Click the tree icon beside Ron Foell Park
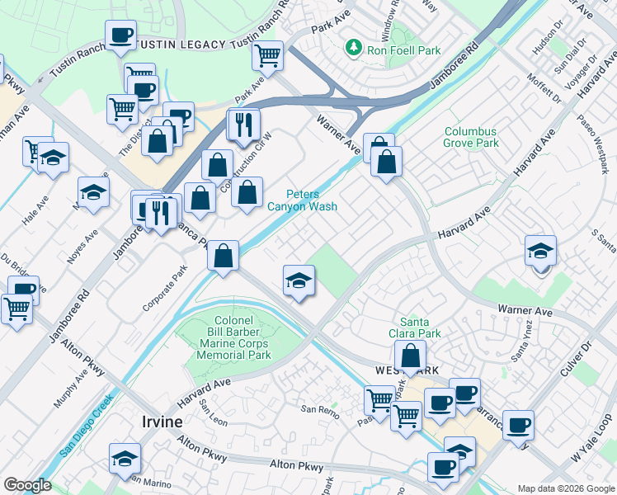point(355,47)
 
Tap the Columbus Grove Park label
point(471,137)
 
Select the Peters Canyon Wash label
point(302,200)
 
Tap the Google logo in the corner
point(27,485)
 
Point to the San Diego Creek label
point(86,430)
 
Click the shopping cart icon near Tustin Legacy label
point(266,55)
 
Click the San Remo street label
point(319,409)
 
